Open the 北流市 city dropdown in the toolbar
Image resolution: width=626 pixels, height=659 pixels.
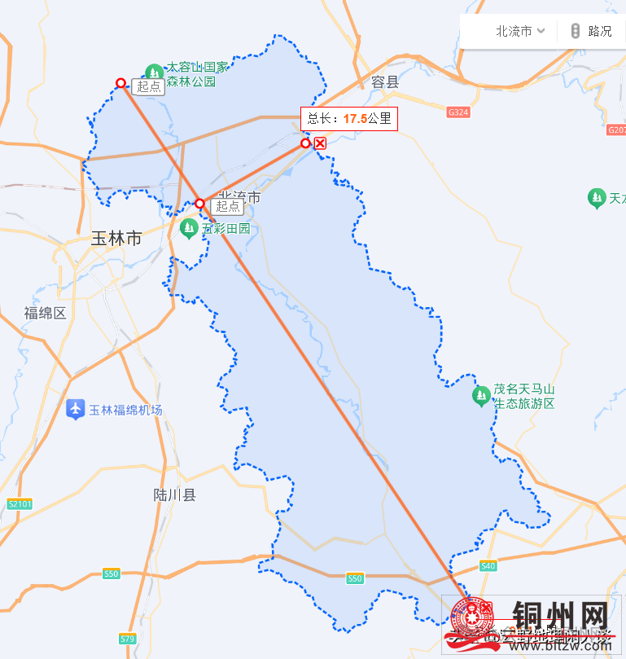(519, 31)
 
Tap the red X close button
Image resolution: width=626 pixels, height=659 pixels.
(321, 143)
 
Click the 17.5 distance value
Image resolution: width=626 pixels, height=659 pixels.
(354, 119)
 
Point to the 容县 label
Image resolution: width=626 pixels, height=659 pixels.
(385, 81)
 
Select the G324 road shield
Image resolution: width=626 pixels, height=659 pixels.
(458, 112)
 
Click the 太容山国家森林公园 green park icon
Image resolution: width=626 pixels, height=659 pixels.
(153, 72)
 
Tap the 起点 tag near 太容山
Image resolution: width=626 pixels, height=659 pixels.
(149, 87)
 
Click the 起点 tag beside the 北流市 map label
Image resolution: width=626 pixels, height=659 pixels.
(228, 206)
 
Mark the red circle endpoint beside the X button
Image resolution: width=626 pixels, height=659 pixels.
(305, 143)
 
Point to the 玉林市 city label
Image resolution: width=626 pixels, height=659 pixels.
(116, 239)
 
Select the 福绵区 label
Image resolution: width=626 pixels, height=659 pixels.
(45, 313)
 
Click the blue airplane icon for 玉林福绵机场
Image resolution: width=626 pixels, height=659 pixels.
(76, 409)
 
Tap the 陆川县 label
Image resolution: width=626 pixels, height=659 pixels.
(175, 494)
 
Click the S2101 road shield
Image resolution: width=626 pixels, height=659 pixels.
(19, 503)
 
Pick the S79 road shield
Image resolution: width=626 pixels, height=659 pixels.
(127, 639)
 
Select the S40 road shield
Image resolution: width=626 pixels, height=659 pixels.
(488, 565)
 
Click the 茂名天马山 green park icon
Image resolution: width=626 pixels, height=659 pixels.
(481, 397)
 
